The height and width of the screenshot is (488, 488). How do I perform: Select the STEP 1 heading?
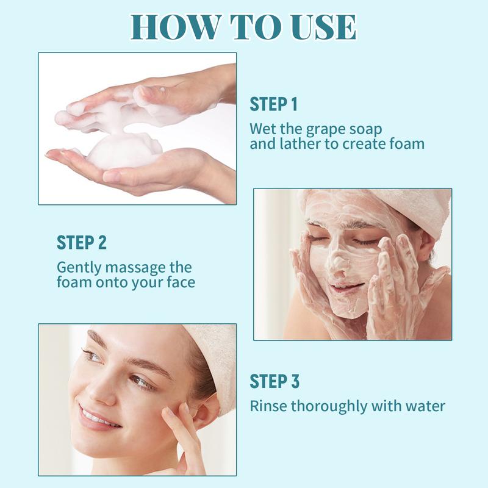pos(273,104)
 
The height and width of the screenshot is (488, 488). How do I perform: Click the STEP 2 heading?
pos(82,243)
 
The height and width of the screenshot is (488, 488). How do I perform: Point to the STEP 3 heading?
pos(274,381)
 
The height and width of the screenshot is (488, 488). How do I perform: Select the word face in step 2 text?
pos(181,282)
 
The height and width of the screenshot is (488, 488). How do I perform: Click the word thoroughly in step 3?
pos(329,407)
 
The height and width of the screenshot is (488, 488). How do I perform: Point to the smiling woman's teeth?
pos(95,417)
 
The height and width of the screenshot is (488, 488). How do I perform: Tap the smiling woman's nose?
pos(101,393)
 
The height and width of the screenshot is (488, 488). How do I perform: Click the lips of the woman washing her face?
pos(346,286)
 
